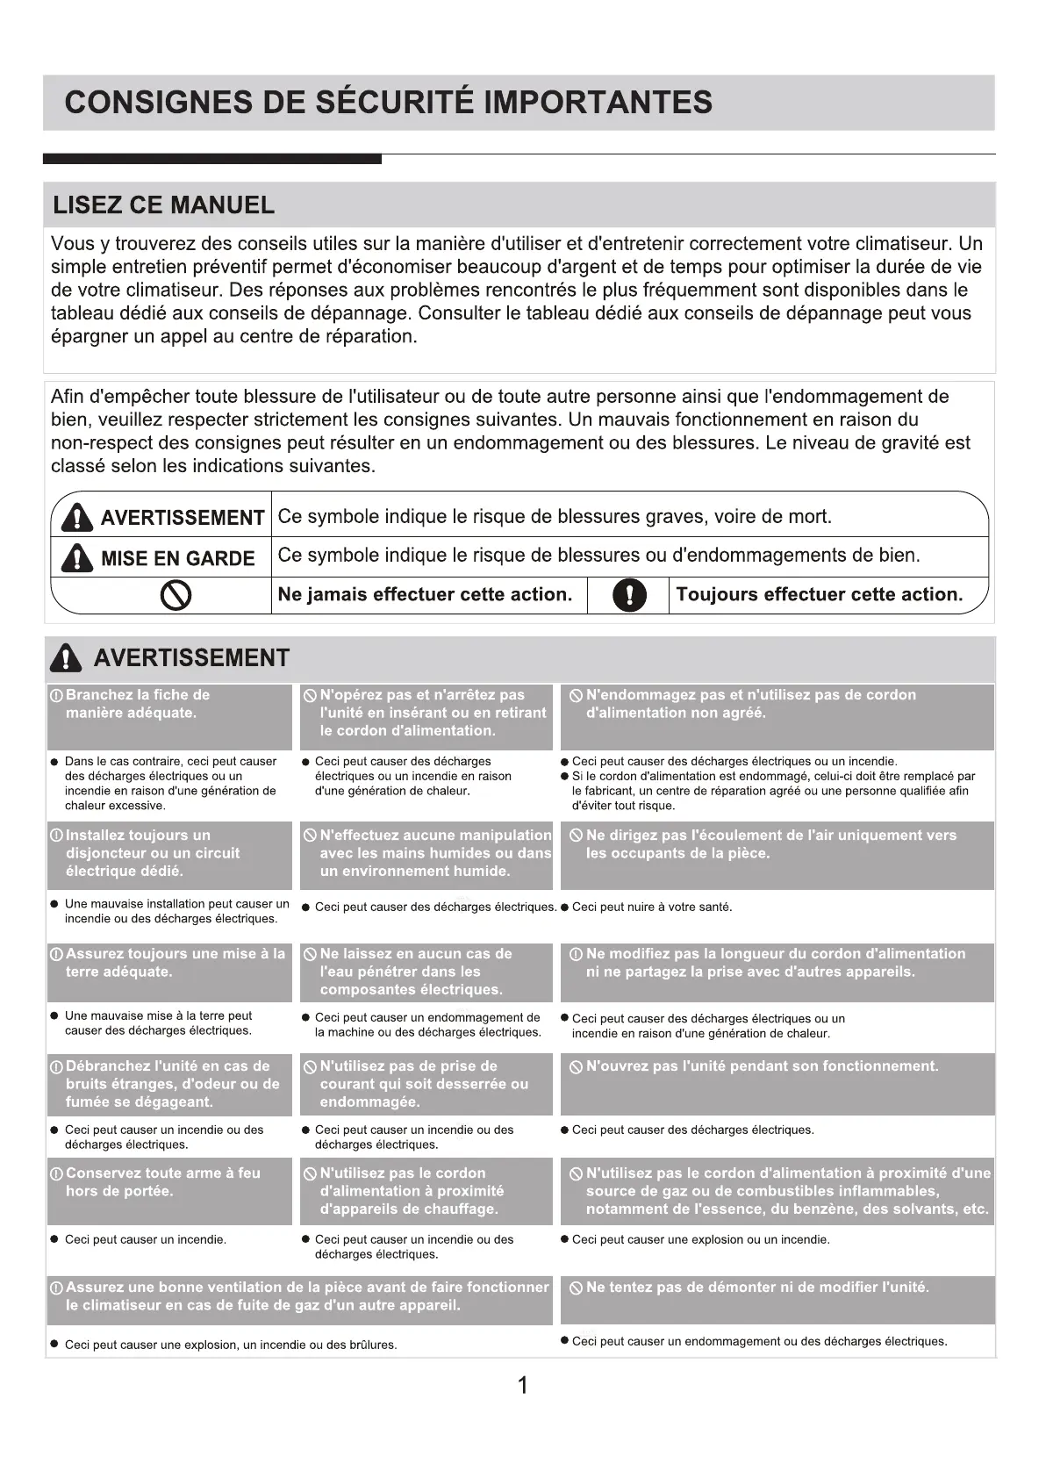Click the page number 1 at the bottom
pyautogui.click(x=523, y=1386)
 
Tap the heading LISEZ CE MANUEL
pyautogui.click(x=164, y=205)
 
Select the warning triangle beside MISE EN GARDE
pyautogui.click(x=77, y=557)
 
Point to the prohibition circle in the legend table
pyautogui.click(x=176, y=596)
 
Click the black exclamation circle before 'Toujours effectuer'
pyautogui.click(x=628, y=595)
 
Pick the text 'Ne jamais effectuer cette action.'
pyautogui.click(x=425, y=595)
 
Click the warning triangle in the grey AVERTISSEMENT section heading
pyautogui.click(x=66, y=658)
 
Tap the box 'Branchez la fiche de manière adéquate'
pyautogui.click(x=169, y=716)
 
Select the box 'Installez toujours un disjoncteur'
pyautogui.click(x=169, y=855)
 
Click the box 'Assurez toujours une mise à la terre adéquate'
pyautogui.click(x=169, y=972)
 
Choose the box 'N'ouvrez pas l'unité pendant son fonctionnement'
pyautogui.click(x=777, y=1084)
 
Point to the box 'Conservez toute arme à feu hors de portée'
pyautogui.click(x=169, y=1191)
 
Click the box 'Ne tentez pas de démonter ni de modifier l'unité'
pyautogui.click(x=777, y=1299)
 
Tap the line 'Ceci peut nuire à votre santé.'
pyautogui.click(x=651, y=908)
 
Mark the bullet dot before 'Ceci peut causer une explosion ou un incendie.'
pyautogui.click(x=564, y=1239)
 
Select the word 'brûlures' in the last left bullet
pyautogui.click(x=372, y=1345)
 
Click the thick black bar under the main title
pyautogui.click(x=211, y=159)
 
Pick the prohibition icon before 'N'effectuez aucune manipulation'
pyautogui.click(x=310, y=836)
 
